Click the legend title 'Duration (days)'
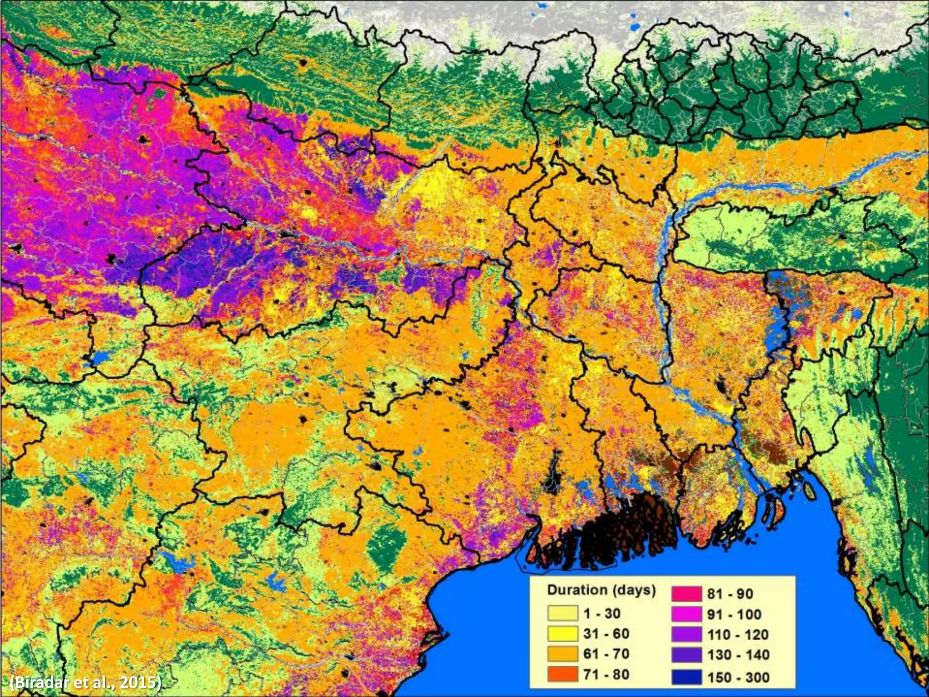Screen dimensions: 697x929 click(x=601, y=590)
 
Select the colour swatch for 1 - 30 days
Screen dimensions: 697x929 click(x=562, y=614)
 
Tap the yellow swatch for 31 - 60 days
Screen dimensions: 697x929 click(x=562, y=633)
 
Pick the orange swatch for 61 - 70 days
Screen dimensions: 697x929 click(x=562, y=654)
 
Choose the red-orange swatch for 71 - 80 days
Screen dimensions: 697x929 click(x=562, y=674)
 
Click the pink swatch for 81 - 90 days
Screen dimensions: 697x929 click(x=686, y=594)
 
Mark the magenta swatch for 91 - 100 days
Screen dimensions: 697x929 click(x=686, y=614)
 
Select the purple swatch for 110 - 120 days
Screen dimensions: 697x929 click(x=686, y=634)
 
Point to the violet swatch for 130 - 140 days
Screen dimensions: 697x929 click(x=686, y=655)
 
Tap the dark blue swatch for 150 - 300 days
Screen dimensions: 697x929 click(x=686, y=677)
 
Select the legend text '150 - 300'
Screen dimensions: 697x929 click(x=738, y=677)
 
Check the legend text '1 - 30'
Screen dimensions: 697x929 click(x=602, y=614)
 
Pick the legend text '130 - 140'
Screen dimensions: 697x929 click(x=738, y=655)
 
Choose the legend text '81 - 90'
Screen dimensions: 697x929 click(x=730, y=594)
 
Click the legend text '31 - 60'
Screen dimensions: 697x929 click(x=606, y=633)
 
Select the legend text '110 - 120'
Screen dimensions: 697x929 click(x=738, y=634)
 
